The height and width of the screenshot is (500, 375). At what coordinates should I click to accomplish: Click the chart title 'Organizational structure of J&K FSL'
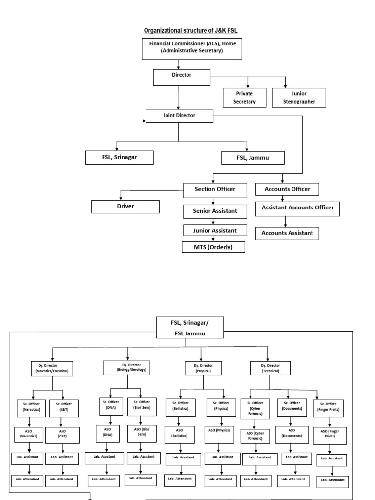click(190, 31)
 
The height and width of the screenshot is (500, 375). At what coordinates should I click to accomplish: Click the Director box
click(182, 76)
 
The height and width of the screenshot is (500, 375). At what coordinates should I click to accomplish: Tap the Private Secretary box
click(245, 97)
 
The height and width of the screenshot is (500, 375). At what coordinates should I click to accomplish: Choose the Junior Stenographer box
click(299, 97)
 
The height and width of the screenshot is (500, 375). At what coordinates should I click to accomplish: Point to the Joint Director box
click(179, 116)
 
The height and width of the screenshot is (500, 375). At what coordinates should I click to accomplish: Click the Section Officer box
click(215, 189)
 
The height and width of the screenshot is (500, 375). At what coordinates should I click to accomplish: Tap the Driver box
click(125, 206)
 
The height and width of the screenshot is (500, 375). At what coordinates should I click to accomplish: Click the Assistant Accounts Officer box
click(297, 208)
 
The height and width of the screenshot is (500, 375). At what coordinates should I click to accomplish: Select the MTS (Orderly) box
click(213, 247)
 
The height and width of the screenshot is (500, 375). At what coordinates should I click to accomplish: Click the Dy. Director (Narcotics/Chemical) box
click(52, 369)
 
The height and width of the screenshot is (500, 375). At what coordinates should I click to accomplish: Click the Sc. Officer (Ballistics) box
click(181, 406)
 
